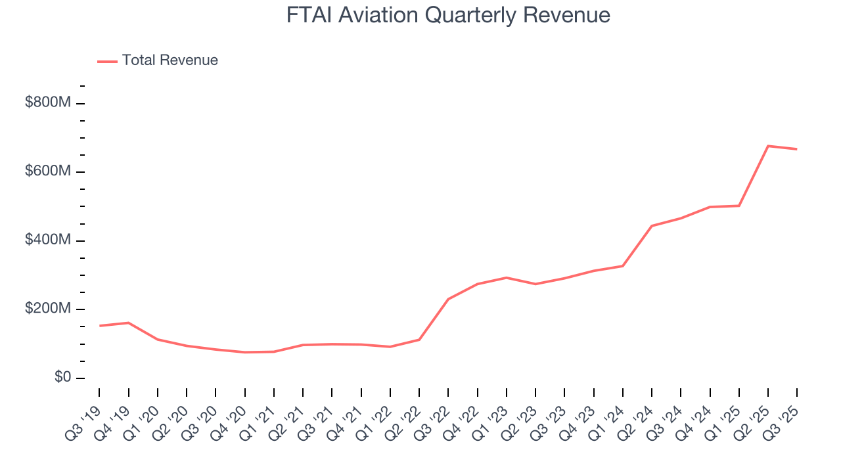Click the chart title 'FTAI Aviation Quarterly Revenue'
click(x=448, y=15)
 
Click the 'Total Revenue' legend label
click(x=170, y=60)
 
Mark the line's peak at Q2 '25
click(x=768, y=146)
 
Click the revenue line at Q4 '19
click(x=128, y=323)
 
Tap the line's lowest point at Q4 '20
click(x=244, y=352)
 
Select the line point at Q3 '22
click(x=448, y=299)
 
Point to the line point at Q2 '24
click(x=651, y=226)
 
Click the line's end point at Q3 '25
click(x=797, y=149)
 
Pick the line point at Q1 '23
click(x=506, y=277)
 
